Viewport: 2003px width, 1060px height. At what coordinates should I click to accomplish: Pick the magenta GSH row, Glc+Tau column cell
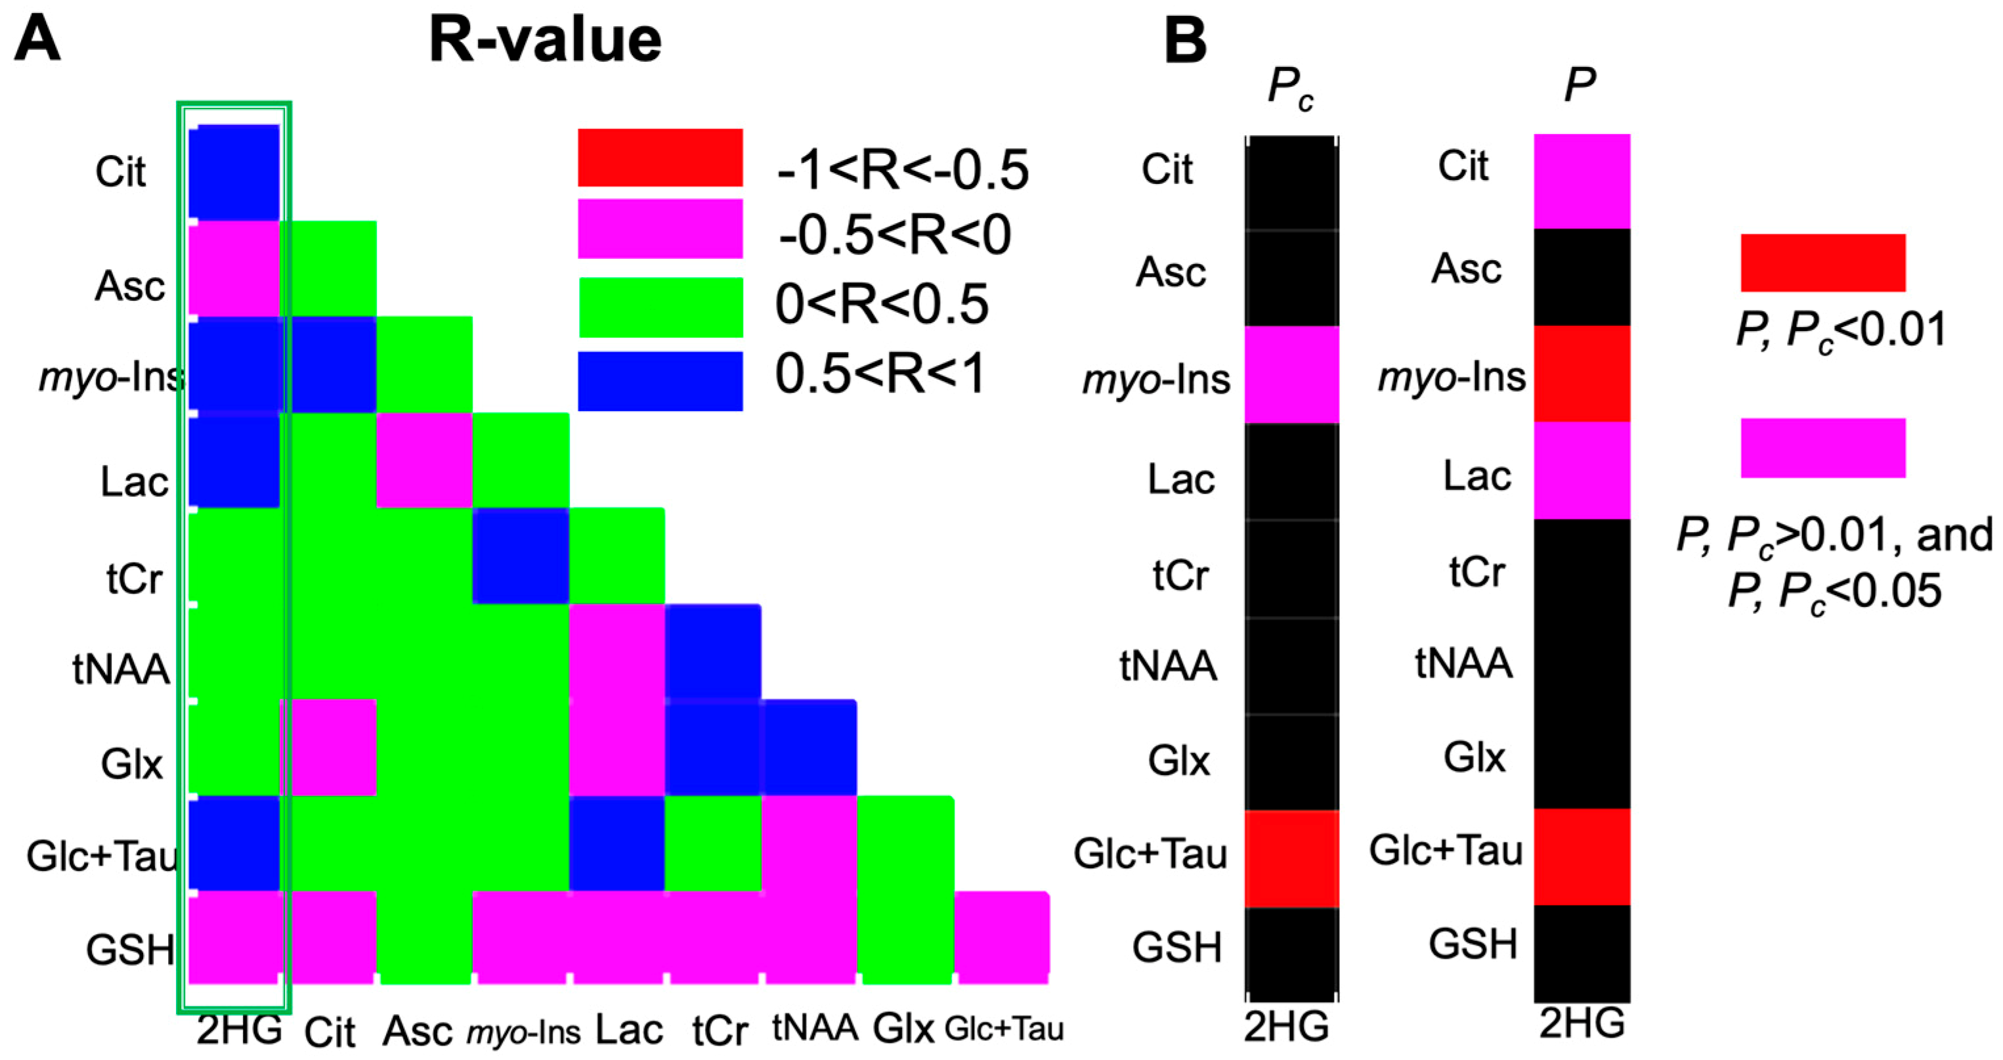click(x=1002, y=938)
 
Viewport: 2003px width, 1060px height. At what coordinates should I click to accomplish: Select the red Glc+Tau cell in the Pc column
click(x=1291, y=858)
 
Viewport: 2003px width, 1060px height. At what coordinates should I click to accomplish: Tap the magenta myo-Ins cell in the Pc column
click(x=1291, y=375)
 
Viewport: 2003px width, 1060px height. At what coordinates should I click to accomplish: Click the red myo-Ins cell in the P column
click(x=1582, y=374)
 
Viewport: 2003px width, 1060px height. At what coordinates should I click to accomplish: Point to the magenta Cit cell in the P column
click(x=1582, y=181)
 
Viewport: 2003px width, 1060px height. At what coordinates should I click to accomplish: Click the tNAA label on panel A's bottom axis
click(x=815, y=1028)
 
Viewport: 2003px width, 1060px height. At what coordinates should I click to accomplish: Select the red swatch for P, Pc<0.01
click(x=1822, y=263)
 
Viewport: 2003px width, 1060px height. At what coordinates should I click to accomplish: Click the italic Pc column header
click(x=1290, y=87)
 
